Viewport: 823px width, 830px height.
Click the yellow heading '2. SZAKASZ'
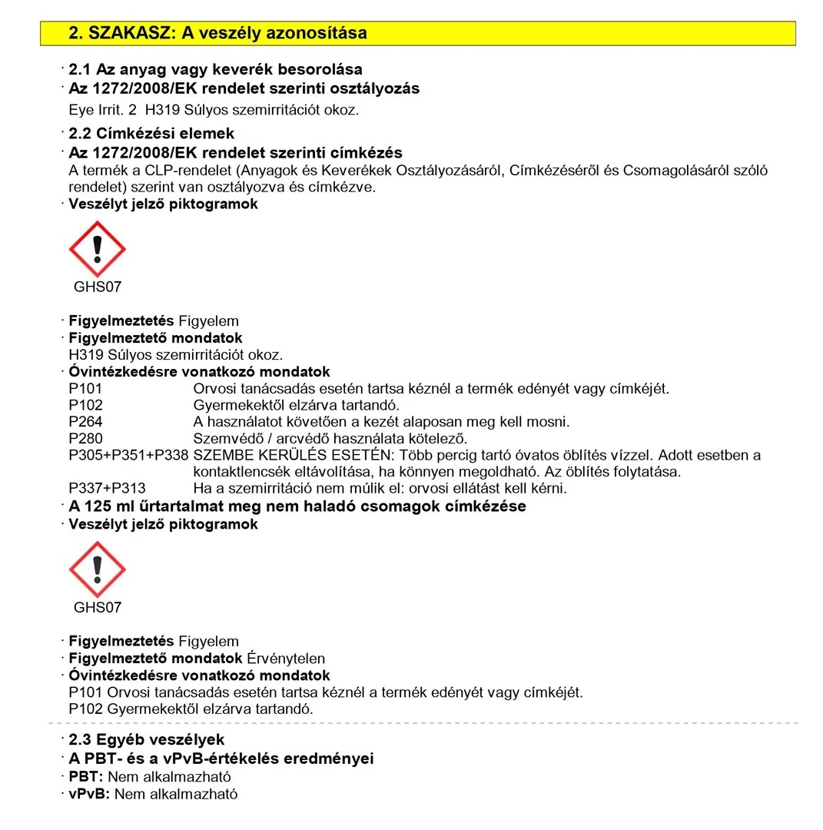pyautogui.click(x=217, y=33)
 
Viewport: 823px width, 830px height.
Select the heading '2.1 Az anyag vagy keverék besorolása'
pyautogui.click(x=215, y=70)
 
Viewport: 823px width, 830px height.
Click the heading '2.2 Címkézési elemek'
pyautogui.click(x=151, y=134)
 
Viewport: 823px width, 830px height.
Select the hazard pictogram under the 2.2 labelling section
pyautogui.click(x=97, y=248)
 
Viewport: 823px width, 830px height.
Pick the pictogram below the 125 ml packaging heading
pyautogui.click(x=97, y=569)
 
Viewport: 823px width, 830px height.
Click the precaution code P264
pyautogui.click(x=85, y=422)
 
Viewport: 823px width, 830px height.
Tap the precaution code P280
pyautogui.click(x=85, y=439)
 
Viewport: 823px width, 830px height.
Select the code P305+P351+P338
pyautogui.click(x=128, y=455)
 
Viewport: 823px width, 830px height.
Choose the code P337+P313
pyautogui.click(x=107, y=488)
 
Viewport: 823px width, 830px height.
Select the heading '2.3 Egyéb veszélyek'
pyautogui.click(x=146, y=740)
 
